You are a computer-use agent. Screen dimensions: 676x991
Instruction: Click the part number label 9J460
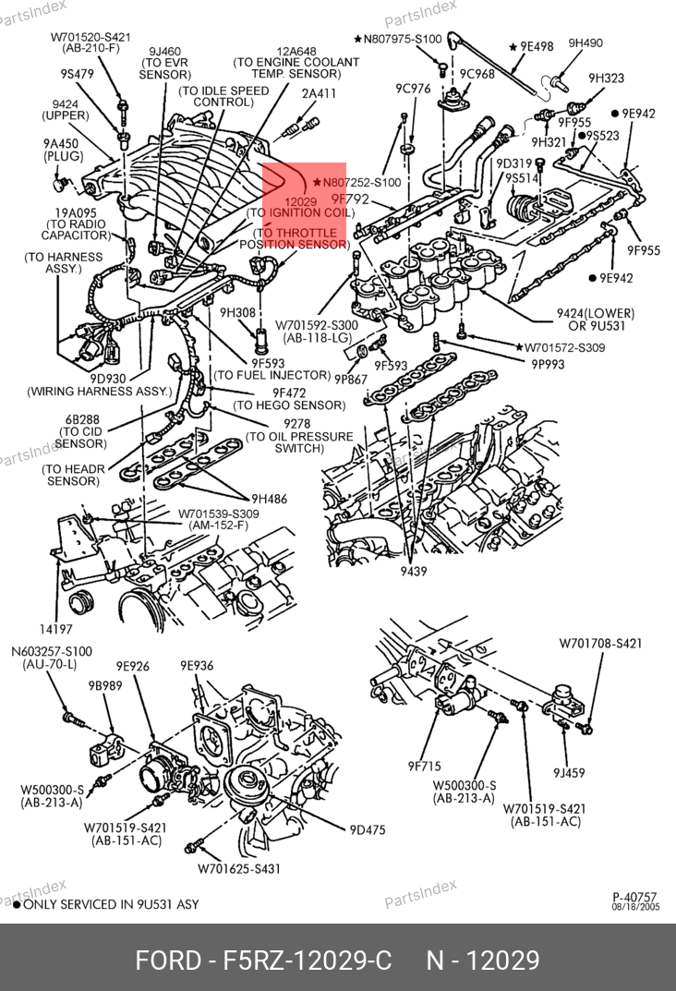click(x=165, y=51)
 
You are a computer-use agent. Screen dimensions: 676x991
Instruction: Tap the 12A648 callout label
click(x=296, y=51)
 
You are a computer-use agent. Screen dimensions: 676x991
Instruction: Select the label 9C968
click(x=477, y=74)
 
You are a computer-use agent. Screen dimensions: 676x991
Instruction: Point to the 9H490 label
click(x=585, y=43)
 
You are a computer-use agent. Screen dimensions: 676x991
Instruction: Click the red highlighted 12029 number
click(x=301, y=201)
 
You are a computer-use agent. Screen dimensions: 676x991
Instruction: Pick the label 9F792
click(x=350, y=199)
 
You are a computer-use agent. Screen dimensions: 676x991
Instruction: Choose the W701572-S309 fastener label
click(x=565, y=347)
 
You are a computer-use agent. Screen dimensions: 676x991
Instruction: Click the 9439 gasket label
click(x=414, y=572)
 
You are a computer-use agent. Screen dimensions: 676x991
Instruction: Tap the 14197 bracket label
click(x=55, y=629)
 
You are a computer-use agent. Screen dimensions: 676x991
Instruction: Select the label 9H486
click(x=269, y=499)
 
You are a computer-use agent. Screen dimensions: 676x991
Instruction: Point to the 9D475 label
click(x=368, y=830)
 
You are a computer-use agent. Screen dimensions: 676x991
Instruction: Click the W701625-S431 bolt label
click(x=239, y=869)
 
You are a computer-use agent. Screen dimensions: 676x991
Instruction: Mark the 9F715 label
click(x=425, y=766)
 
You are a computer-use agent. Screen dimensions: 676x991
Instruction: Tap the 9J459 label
click(x=569, y=772)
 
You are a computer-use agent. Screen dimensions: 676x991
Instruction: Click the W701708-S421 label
click(x=600, y=644)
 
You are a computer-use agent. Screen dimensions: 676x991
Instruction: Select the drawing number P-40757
click(x=635, y=897)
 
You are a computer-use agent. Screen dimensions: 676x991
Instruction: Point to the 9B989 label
click(x=105, y=685)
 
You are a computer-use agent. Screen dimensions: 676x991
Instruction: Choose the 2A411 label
click(x=319, y=93)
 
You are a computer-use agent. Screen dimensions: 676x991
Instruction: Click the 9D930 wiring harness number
click(x=108, y=378)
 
